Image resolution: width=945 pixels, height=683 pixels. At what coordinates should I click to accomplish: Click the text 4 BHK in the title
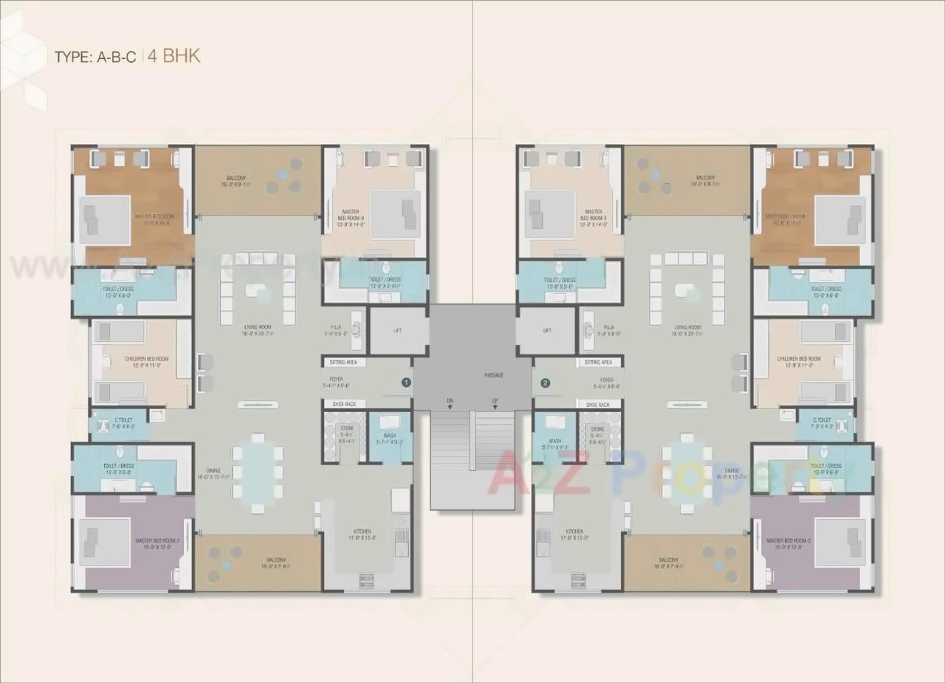(x=173, y=56)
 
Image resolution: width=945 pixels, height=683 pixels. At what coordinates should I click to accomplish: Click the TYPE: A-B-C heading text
(x=94, y=58)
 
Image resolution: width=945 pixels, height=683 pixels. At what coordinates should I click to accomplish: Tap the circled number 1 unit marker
(x=405, y=382)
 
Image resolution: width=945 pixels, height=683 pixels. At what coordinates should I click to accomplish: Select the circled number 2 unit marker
(x=546, y=382)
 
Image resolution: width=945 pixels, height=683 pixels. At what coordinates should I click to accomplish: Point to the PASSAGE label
(x=494, y=375)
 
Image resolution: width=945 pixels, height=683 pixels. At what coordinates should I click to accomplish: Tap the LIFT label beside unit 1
(x=399, y=331)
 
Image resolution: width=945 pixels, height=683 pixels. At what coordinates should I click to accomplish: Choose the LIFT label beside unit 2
(x=547, y=331)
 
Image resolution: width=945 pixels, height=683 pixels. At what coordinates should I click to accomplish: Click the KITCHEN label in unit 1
(x=362, y=532)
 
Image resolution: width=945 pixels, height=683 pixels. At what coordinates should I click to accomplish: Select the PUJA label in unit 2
(x=608, y=326)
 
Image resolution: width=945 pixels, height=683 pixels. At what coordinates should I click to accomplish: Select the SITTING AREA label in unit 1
(x=342, y=363)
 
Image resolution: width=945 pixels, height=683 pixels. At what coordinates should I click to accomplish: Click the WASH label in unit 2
(x=549, y=440)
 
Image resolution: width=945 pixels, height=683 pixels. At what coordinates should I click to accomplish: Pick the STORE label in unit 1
(x=346, y=428)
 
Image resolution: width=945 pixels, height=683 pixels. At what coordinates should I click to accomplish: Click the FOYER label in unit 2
(x=607, y=380)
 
